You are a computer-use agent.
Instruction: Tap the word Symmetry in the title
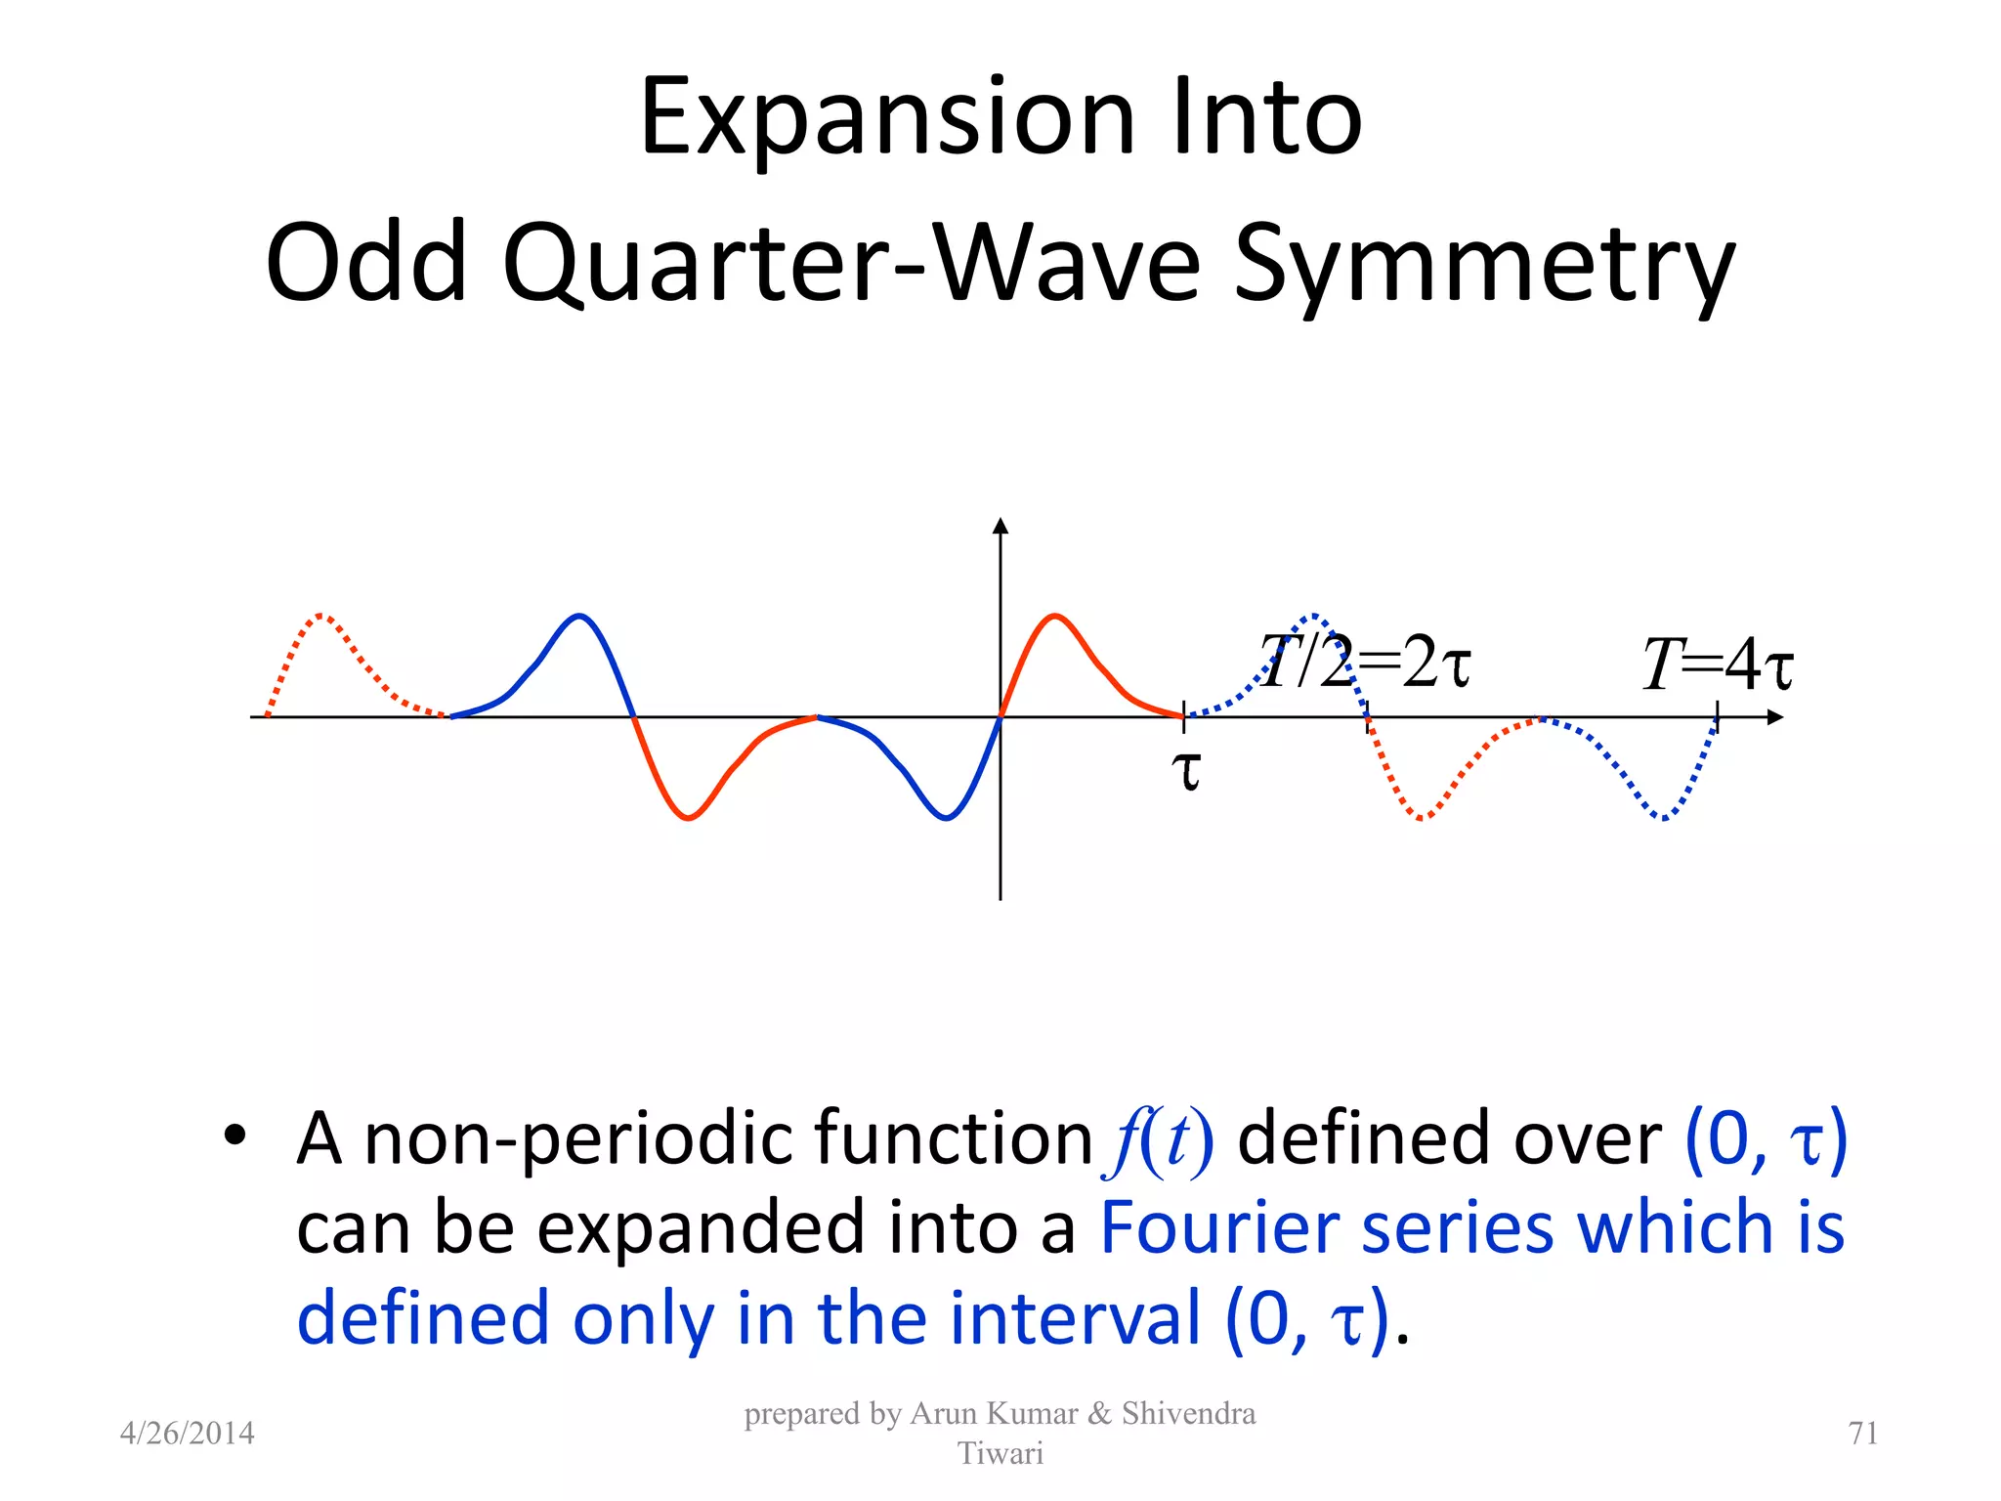[x=1485, y=264]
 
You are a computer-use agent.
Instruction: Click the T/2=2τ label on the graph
[x=1364, y=662]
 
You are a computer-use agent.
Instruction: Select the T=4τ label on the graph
[x=1718, y=665]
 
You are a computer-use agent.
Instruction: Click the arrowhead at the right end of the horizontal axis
[x=1775, y=717]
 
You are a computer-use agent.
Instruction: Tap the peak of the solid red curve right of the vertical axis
[x=1055, y=616]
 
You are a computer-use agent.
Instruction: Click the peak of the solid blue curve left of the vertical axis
[x=580, y=616]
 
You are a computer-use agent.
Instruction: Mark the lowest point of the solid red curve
[x=688, y=818]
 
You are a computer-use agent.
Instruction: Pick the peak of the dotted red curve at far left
[x=322, y=616]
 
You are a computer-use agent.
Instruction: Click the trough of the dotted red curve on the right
[x=1421, y=818]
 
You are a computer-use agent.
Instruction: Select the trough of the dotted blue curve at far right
[x=1663, y=818]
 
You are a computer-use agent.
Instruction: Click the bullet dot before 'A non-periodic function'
[x=234, y=1136]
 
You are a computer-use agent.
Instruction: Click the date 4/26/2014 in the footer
[x=187, y=1434]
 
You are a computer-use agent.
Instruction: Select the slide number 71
[x=1862, y=1434]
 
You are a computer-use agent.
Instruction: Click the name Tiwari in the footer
[x=1000, y=1454]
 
